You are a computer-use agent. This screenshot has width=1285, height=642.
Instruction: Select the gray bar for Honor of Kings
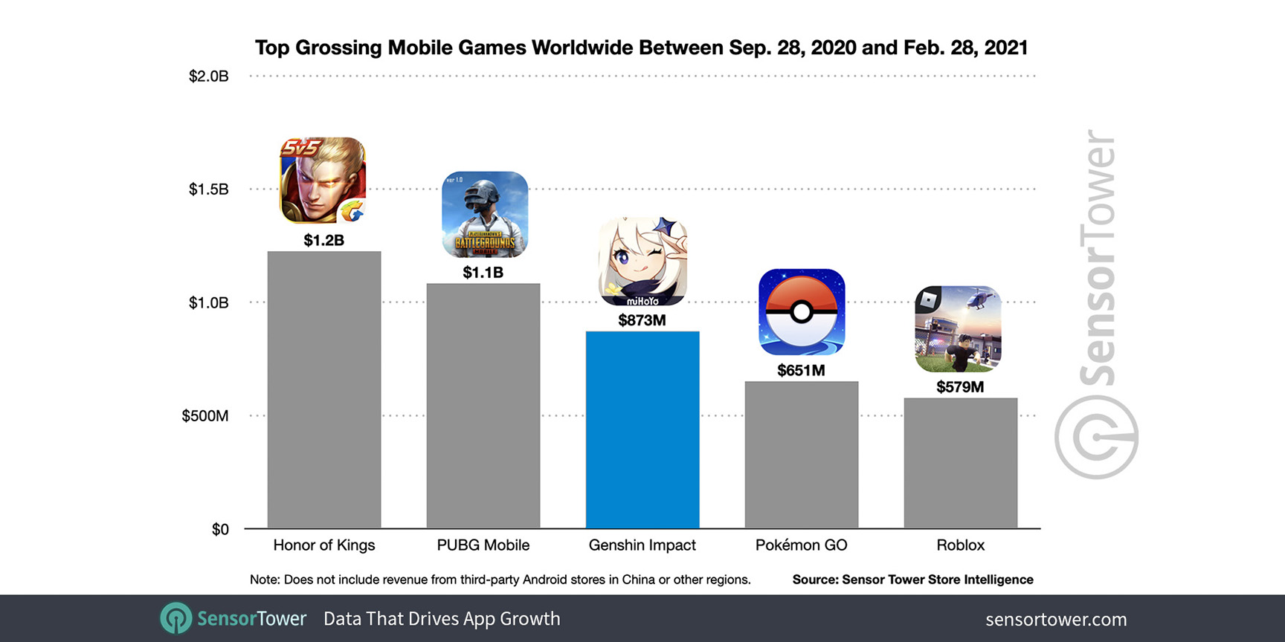(324, 389)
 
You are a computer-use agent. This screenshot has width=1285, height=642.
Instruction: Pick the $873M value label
(642, 320)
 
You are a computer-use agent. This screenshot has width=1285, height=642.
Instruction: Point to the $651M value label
(801, 370)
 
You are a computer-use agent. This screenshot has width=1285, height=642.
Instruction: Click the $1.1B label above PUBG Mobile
(483, 273)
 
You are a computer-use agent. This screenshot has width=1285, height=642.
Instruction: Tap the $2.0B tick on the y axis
(208, 76)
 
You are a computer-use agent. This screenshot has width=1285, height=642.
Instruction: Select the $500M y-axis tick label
(205, 415)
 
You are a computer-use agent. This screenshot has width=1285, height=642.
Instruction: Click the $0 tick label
(220, 529)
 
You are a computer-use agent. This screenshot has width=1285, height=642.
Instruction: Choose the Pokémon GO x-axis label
(801, 545)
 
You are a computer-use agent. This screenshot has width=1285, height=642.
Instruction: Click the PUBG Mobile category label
(483, 545)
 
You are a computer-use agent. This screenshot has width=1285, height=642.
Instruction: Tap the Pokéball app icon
(802, 312)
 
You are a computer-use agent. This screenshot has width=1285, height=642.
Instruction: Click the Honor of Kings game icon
(323, 181)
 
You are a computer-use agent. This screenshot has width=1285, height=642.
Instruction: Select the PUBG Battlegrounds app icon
(485, 215)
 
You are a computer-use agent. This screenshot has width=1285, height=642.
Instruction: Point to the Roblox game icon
(958, 329)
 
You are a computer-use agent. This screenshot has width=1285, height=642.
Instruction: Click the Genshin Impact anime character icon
(643, 262)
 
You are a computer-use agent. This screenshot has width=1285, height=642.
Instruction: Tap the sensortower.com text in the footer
(1056, 619)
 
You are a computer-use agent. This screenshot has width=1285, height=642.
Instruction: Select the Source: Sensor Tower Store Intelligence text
(912, 580)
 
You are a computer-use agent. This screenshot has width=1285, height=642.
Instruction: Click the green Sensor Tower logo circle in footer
(176, 618)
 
